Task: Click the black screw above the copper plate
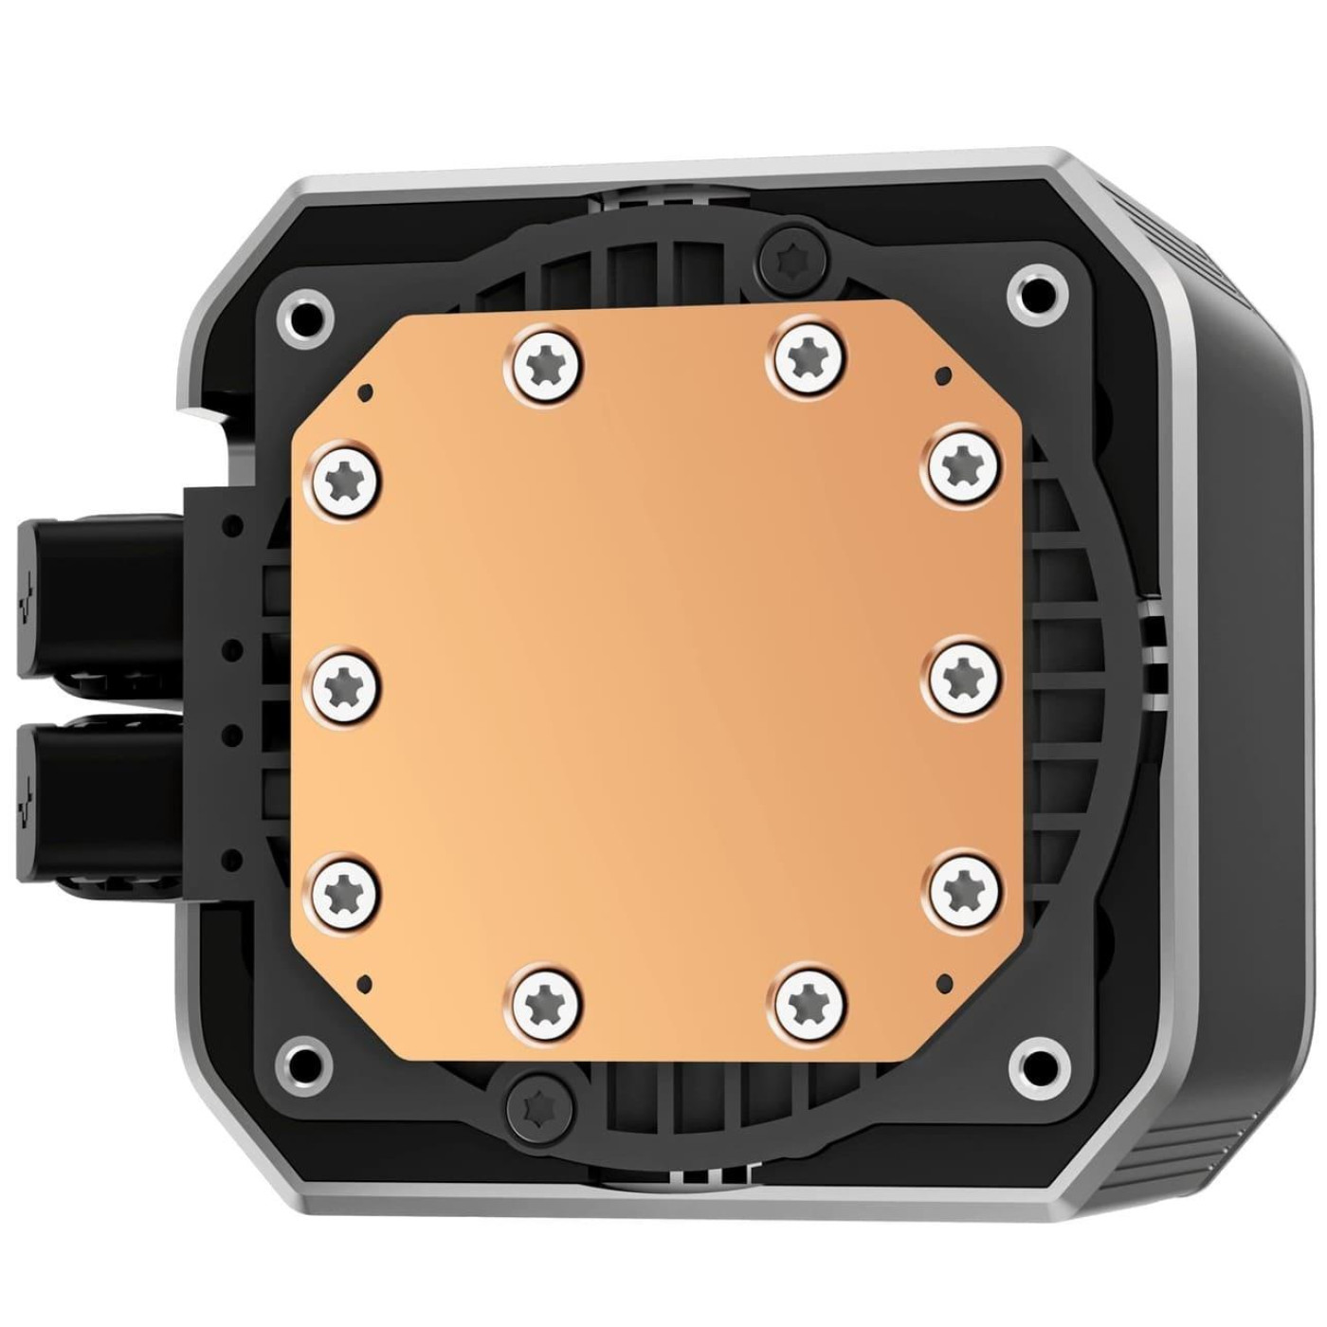pyautogui.click(x=793, y=255)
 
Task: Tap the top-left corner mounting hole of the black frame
pyautogui.click(x=304, y=318)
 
